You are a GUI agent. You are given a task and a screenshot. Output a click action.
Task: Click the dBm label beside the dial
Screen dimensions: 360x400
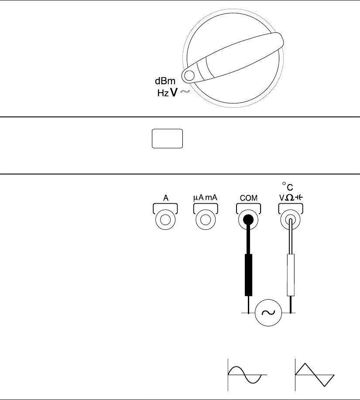(x=166, y=81)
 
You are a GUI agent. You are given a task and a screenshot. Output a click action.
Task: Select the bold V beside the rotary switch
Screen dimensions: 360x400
(x=174, y=92)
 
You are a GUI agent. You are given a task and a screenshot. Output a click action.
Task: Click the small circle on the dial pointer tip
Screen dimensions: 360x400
(x=189, y=76)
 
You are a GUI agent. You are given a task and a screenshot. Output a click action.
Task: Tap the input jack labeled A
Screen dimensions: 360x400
(x=166, y=220)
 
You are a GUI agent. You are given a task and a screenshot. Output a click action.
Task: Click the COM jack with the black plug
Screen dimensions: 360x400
(x=248, y=220)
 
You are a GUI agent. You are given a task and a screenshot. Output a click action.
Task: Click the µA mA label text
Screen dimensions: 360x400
(x=205, y=197)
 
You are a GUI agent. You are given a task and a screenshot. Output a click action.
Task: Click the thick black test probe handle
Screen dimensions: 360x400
(x=248, y=275)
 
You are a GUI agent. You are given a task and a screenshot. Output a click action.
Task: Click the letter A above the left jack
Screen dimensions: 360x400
(x=166, y=197)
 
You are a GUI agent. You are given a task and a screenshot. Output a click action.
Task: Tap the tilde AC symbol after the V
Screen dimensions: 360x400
(x=184, y=92)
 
